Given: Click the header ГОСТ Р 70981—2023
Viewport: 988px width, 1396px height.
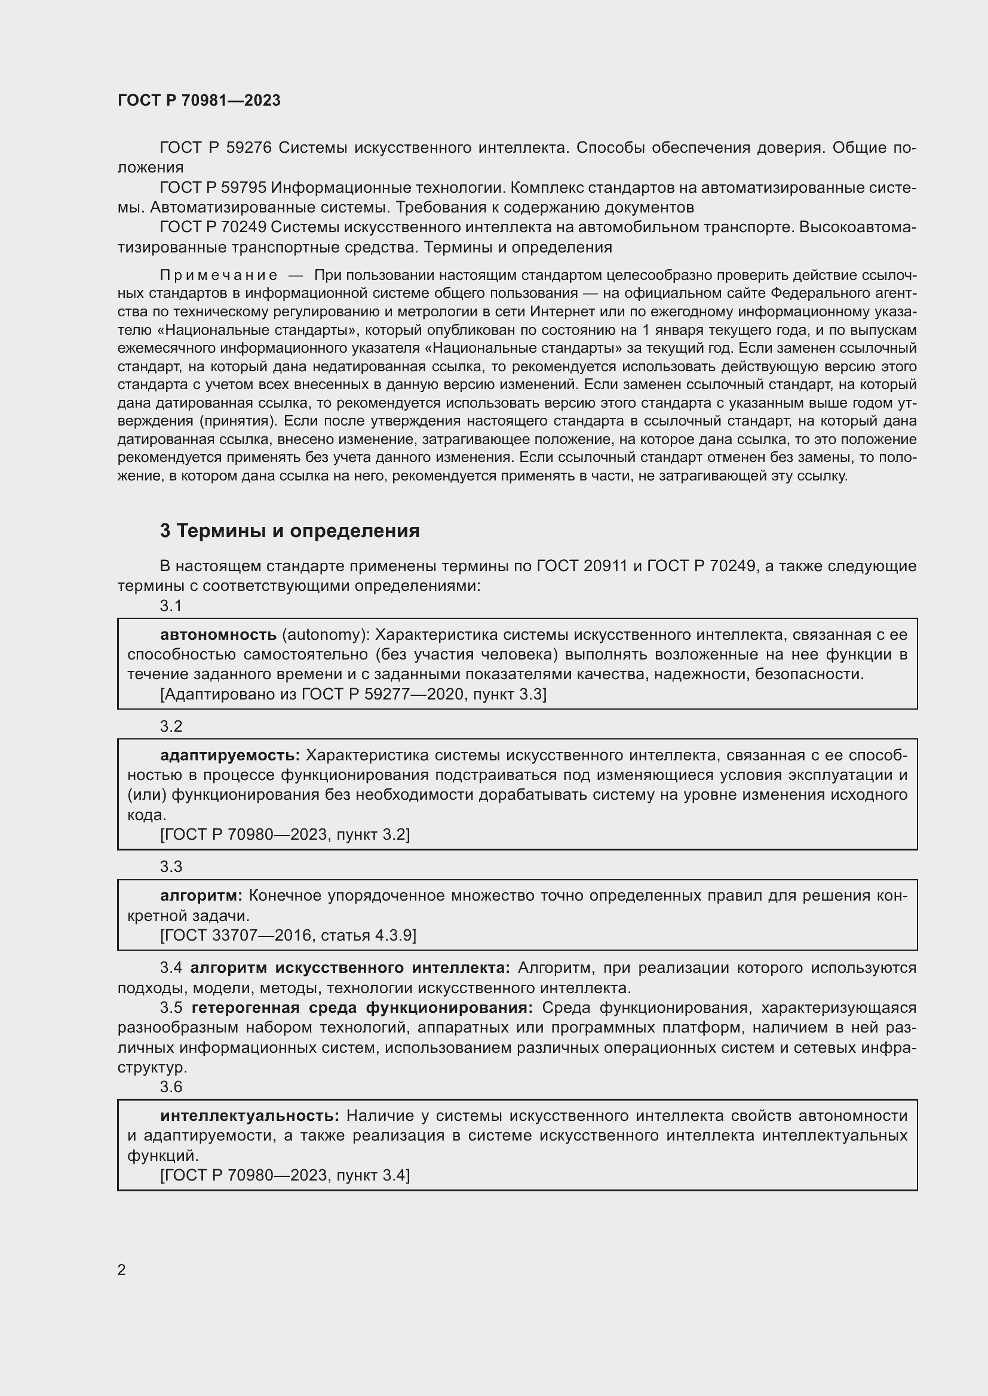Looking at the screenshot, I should pyautogui.click(x=199, y=100).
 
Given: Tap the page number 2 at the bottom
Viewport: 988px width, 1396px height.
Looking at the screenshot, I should pyautogui.click(x=122, y=1269).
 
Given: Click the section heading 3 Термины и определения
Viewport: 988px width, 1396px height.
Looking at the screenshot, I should pyautogui.click(x=290, y=531).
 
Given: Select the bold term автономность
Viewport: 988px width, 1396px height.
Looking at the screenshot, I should pyautogui.click(x=218, y=635).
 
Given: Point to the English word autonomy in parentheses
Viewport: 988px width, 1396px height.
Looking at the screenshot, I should pyautogui.click(x=323, y=635).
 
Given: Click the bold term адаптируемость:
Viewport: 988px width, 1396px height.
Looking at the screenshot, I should pyautogui.click(x=230, y=755).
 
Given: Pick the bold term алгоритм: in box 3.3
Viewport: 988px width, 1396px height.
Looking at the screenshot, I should pyautogui.click(x=201, y=895).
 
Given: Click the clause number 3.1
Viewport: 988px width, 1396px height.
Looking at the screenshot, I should pyautogui.click(x=171, y=606).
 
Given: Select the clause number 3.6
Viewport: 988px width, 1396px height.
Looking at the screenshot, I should pyautogui.click(x=171, y=1086).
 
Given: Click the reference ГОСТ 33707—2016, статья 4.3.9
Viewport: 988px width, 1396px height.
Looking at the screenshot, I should pyautogui.click(x=289, y=935).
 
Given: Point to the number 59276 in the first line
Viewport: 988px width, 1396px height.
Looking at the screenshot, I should pyautogui.click(x=248, y=148).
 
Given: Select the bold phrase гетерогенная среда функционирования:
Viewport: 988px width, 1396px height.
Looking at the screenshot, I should pyautogui.click(x=362, y=1007).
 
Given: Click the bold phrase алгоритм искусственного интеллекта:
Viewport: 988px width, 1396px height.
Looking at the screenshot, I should pyautogui.click(x=350, y=967).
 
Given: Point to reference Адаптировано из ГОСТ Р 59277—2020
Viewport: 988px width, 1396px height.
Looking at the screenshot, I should pyautogui.click(x=353, y=694).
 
